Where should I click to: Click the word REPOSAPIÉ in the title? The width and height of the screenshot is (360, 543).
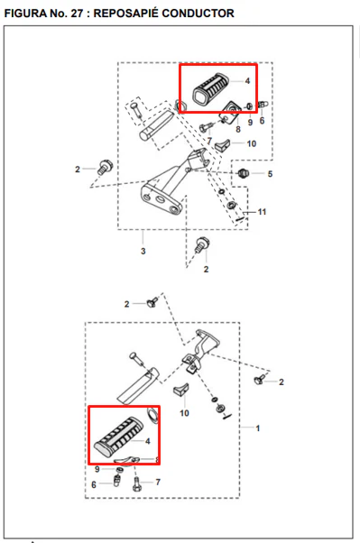(x=125, y=14)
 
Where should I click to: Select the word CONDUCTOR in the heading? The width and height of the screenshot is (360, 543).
(x=198, y=14)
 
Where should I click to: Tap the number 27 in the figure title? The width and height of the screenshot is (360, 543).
(x=76, y=14)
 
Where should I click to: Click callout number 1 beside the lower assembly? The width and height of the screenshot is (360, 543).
(x=257, y=428)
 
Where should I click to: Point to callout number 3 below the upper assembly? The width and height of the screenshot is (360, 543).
(x=143, y=251)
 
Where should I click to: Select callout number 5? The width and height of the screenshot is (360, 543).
(x=270, y=174)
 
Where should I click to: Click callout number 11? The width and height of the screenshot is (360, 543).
(x=262, y=212)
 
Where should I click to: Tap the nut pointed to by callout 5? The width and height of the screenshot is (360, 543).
(x=244, y=172)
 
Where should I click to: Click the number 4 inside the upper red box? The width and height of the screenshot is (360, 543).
(x=247, y=80)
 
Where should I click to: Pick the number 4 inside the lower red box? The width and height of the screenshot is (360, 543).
(x=148, y=441)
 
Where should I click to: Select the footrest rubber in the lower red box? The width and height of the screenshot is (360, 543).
(x=119, y=436)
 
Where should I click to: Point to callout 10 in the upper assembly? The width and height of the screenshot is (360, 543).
(x=252, y=143)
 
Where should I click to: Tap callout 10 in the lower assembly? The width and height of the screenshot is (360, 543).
(x=184, y=413)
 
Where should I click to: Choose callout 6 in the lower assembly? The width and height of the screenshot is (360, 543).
(x=94, y=485)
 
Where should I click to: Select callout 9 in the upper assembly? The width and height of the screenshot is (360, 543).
(x=250, y=123)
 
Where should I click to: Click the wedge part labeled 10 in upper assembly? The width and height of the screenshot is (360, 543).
(x=222, y=144)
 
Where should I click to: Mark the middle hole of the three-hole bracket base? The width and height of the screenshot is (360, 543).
(x=161, y=199)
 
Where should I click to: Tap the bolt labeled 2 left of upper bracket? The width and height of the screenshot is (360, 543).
(x=104, y=167)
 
